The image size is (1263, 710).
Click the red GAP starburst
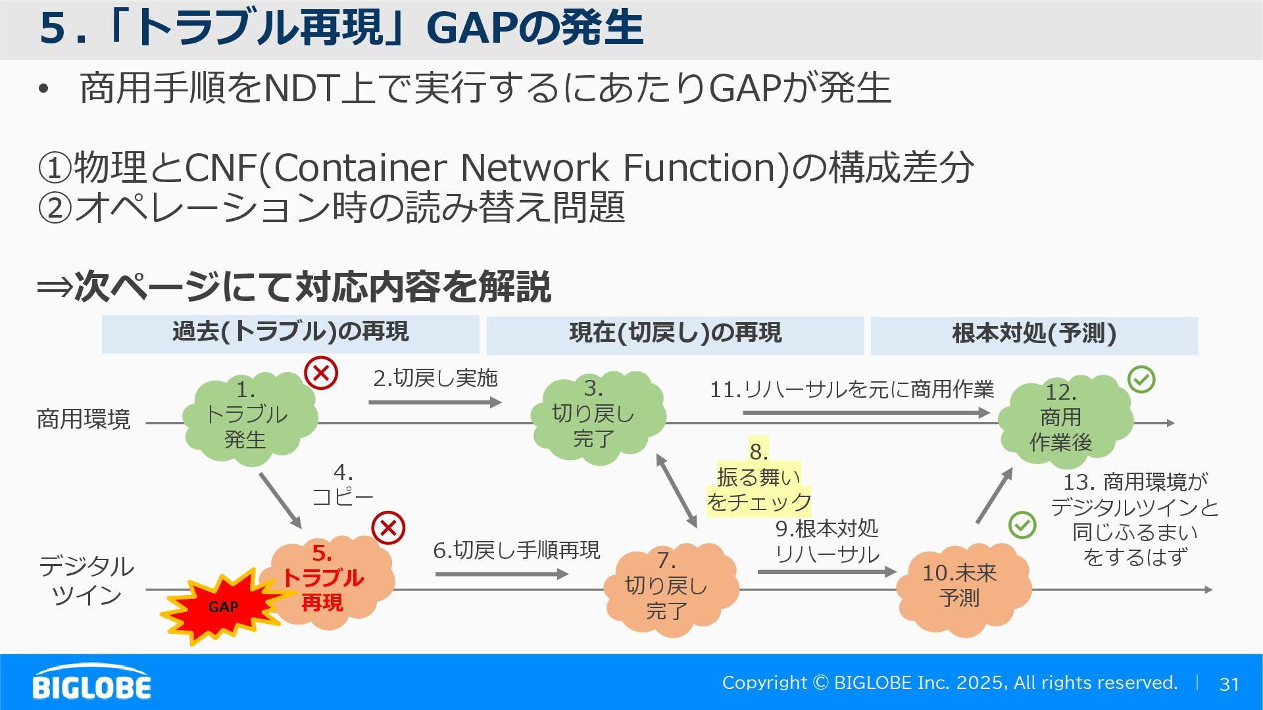[220, 607]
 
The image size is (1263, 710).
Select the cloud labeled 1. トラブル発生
[249, 417]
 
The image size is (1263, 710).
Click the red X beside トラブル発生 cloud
[321, 373]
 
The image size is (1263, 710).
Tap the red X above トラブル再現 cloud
[388, 528]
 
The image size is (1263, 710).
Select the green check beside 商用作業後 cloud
[1141, 379]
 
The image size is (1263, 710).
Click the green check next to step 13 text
[1022, 525]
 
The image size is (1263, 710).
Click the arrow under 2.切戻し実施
[434, 402]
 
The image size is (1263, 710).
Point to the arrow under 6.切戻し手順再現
[501, 574]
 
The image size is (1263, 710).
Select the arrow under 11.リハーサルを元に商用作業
[865, 413]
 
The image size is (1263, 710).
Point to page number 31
[1229, 684]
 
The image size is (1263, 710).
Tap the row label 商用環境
[84, 419]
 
